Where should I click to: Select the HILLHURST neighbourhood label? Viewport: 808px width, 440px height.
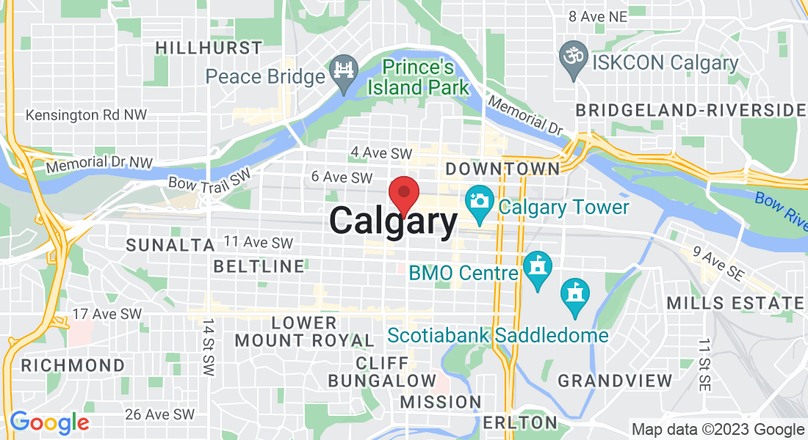tap(209, 48)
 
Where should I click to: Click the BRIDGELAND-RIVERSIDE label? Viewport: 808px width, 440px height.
tap(690, 110)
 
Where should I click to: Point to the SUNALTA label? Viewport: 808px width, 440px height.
tap(162, 245)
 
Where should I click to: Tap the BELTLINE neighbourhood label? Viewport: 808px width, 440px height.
tap(259, 266)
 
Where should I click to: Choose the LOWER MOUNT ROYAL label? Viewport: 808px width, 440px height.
tap(303, 331)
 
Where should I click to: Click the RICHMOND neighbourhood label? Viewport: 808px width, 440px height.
tap(73, 365)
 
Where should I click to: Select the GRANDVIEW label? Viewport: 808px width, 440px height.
tap(615, 381)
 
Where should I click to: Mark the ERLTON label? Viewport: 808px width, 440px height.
tap(520, 422)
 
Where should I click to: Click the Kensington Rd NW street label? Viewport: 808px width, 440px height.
tap(86, 115)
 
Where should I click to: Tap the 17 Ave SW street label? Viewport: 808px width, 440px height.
tap(107, 314)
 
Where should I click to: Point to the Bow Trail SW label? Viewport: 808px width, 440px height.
tap(209, 178)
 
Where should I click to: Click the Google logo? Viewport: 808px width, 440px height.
tap(49, 423)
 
